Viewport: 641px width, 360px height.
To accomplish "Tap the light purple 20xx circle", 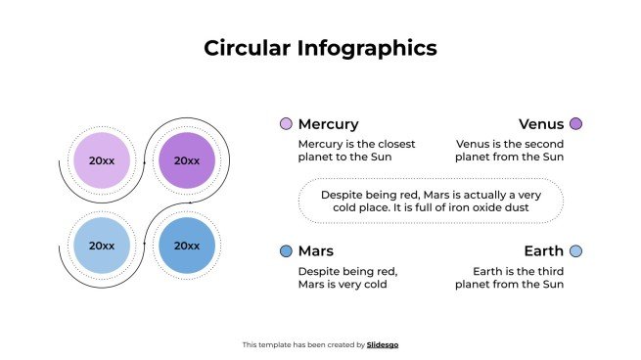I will (102, 160).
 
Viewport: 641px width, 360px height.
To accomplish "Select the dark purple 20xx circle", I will (186, 160).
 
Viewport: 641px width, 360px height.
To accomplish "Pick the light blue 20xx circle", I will (102, 246).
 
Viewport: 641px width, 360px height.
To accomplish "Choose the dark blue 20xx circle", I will (186, 246).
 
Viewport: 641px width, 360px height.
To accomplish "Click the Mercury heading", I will (328, 124).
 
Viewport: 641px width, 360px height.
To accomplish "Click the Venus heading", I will (540, 124).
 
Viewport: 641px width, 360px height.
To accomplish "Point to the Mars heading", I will (315, 251).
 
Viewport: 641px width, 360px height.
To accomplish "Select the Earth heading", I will (543, 251).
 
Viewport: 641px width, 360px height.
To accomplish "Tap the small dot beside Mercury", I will (286, 124).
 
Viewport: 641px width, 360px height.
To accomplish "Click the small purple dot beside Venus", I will (575, 124).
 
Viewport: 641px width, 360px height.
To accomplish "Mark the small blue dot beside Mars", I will (286, 251).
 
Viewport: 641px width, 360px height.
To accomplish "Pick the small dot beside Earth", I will (575, 251).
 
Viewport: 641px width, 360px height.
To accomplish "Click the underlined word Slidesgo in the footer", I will (383, 344).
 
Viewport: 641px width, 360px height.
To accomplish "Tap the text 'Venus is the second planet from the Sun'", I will (510, 150).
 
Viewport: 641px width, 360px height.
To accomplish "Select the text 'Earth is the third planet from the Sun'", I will (510, 277).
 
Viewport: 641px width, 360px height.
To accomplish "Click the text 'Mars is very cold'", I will (343, 284).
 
